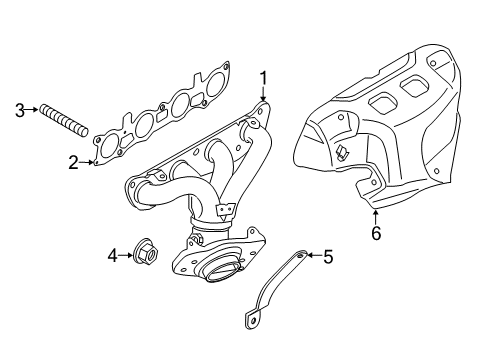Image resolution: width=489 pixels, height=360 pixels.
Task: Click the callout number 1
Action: (263, 77)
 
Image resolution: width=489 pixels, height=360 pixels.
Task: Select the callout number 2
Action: (73, 161)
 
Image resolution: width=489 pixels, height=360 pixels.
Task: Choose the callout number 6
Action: (376, 234)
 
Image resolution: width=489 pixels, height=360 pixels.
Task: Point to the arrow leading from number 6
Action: (374, 216)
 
